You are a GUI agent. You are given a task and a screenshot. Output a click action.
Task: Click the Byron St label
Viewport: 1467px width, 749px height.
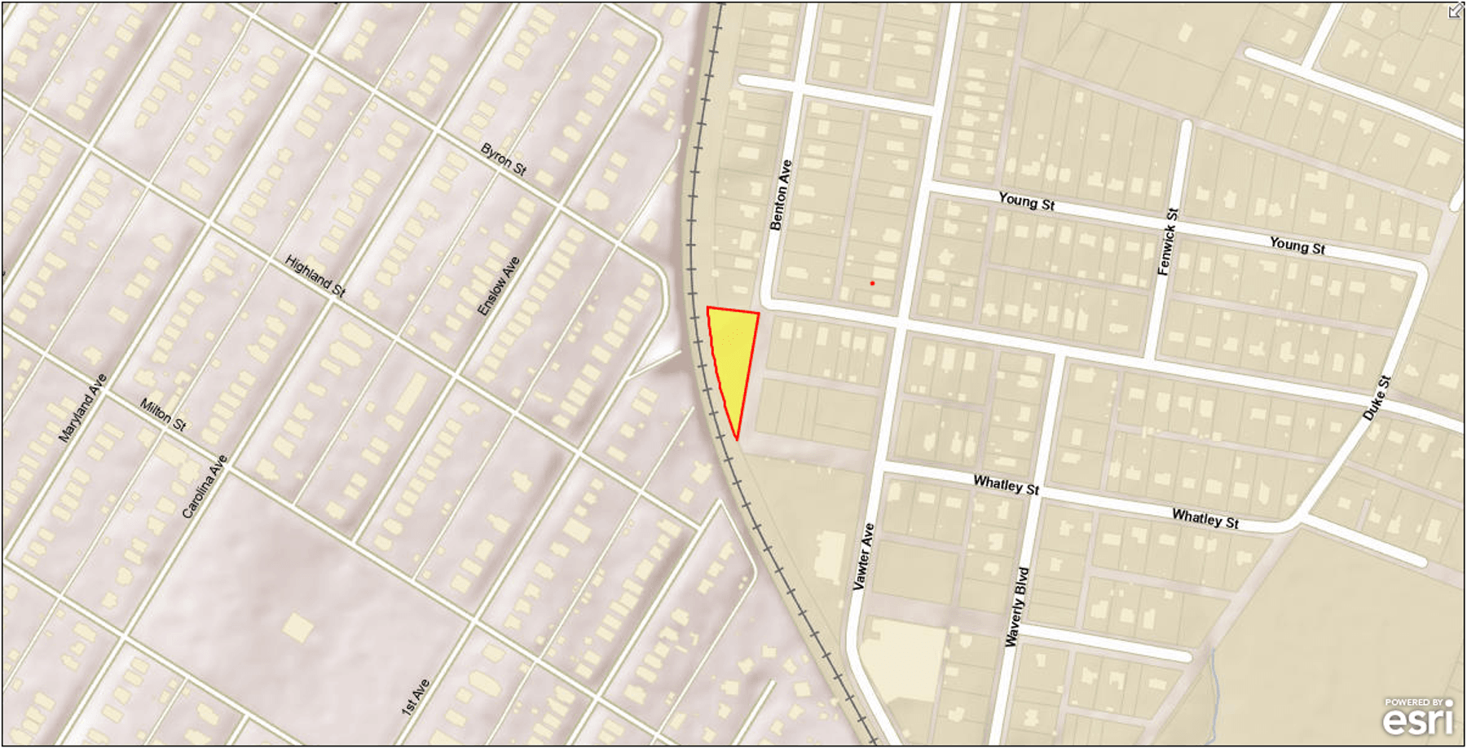[x=503, y=159]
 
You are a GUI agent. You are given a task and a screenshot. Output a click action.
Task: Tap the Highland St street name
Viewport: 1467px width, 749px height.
[x=315, y=275]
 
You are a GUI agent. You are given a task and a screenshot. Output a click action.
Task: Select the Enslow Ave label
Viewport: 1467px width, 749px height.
[x=498, y=286]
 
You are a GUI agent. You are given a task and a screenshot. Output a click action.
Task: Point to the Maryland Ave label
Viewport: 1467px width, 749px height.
[x=82, y=408]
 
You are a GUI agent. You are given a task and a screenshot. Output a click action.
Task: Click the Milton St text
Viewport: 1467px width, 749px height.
[x=163, y=414]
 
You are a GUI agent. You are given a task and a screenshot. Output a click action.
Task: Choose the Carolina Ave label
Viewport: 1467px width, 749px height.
[x=204, y=487]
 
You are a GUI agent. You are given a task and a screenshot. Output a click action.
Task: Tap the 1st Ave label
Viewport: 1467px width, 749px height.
[x=415, y=697]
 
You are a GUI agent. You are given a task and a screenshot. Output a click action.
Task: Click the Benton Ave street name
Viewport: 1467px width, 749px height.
[x=781, y=195]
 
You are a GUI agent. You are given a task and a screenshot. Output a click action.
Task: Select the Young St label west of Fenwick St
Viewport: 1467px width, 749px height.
[x=1027, y=201]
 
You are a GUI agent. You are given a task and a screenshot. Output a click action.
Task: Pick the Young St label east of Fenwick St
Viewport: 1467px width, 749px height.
[x=1297, y=245]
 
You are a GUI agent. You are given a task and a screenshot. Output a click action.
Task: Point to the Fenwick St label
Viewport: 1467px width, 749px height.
[x=1168, y=241]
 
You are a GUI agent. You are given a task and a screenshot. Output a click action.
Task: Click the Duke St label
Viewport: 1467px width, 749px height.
[x=1377, y=398]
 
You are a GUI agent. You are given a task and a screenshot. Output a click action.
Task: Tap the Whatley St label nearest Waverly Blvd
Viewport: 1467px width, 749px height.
[x=1007, y=484]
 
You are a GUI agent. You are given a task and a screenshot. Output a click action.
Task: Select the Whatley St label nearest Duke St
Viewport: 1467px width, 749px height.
[x=1205, y=518]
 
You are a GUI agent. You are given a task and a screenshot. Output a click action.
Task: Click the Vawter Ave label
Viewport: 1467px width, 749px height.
[x=863, y=556]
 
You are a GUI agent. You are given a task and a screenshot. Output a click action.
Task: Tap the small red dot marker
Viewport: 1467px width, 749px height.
[x=872, y=283]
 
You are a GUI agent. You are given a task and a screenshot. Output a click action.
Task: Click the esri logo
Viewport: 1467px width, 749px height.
[x=1418, y=717]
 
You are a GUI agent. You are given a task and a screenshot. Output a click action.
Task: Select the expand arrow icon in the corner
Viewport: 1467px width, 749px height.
[x=1455, y=11]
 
